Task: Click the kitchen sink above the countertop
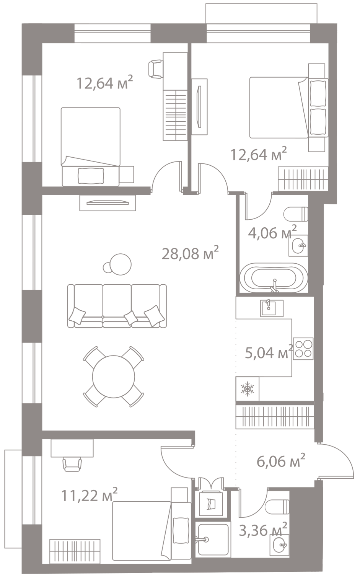[271, 307]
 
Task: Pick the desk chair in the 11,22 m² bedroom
[72, 464]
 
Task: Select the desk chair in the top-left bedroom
[156, 69]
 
